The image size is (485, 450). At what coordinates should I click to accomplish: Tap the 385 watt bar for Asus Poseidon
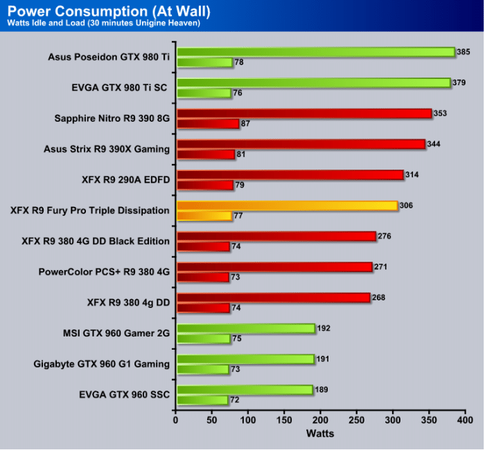(315, 51)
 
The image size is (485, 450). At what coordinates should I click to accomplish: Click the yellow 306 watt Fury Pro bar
(287, 206)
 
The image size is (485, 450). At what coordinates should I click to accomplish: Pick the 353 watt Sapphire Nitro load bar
(304, 113)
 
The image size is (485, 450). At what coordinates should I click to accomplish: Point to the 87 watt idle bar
(207, 124)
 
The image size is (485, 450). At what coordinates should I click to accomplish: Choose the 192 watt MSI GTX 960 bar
(246, 328)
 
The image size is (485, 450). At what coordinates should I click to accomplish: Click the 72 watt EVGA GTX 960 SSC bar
(202, 400)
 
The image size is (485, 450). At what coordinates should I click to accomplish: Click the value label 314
(414, 174)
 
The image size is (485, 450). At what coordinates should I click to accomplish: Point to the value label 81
(241, 154)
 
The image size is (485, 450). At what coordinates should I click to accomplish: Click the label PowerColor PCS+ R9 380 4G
(104, 271)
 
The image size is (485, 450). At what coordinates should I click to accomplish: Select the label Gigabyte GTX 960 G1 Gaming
(101, 363)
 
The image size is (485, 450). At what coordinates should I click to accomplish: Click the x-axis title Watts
(320, 433)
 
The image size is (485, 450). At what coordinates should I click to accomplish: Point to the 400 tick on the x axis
(465, 420)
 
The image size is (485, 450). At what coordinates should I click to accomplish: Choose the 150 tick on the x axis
(284, 420)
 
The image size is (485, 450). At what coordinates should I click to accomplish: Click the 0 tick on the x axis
(176, 420)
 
